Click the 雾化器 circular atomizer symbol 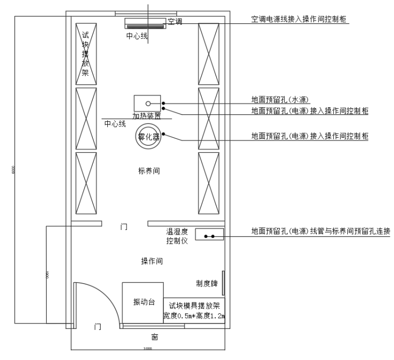pos(148,137)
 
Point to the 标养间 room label pos(149,172)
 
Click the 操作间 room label pos(152,262)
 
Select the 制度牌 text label pos(206,283)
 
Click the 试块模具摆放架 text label pos(194,306)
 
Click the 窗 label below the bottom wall pos(154,337)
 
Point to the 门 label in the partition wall pos(124,226)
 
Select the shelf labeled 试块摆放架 pos(86,53)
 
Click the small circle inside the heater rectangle pos(148,104)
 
